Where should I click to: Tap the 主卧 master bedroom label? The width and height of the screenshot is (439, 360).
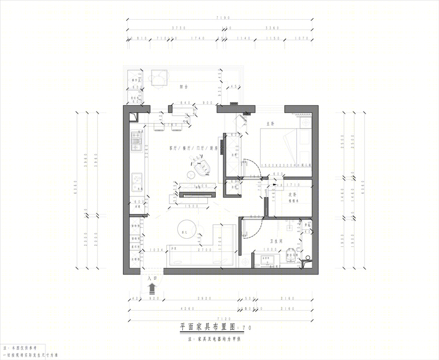pyautogui.click(x=270, y=123)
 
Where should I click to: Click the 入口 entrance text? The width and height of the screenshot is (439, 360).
pyautogui.click(x=153, y=278)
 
